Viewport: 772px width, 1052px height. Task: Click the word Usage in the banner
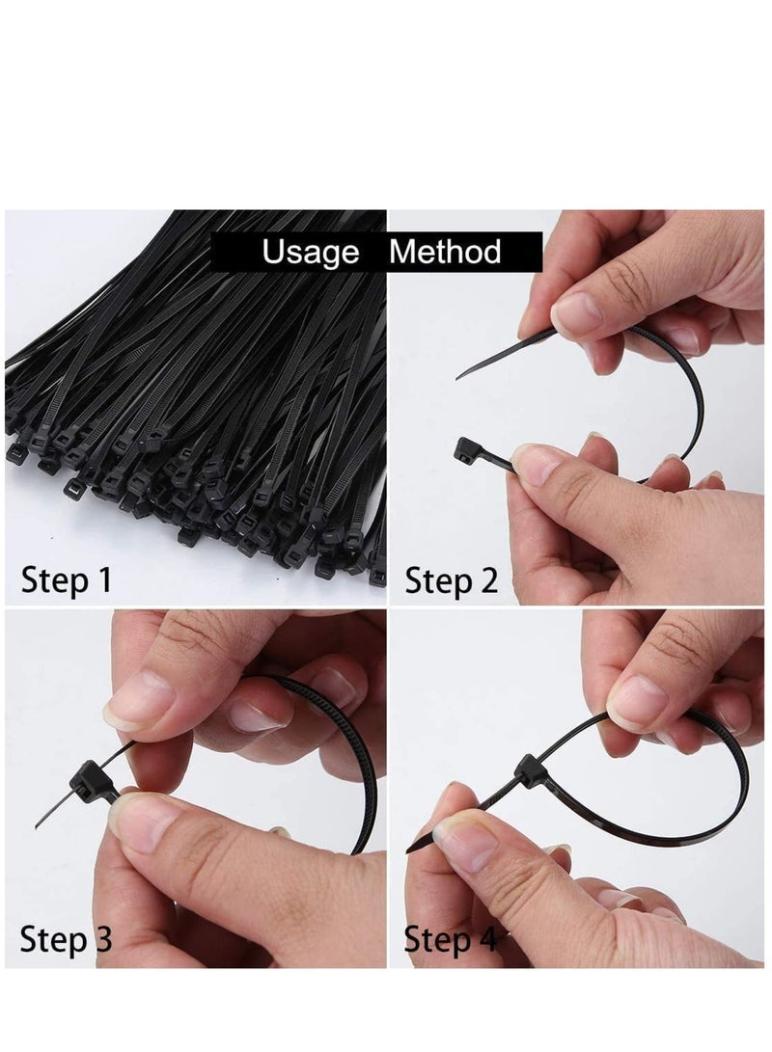click(311, 254)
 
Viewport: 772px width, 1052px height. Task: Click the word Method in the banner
click(445, 254)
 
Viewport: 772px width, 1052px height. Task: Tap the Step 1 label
click(67, 580)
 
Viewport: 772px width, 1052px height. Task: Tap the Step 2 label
click(451, 580)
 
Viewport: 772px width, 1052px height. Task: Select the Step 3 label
click(67, 937)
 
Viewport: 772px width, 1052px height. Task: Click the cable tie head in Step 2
click(465, 448)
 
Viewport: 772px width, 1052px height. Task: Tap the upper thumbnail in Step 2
click(577, 313)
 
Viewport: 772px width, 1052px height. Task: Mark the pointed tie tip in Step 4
click(411, 850)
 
